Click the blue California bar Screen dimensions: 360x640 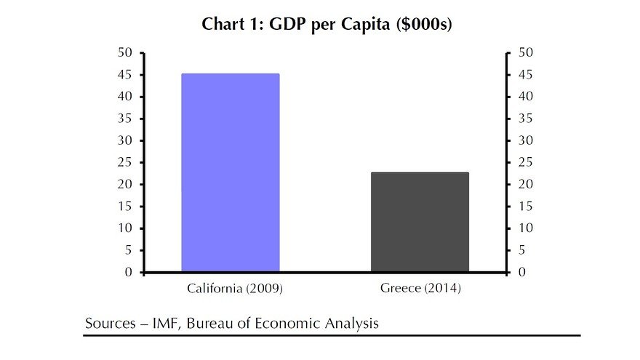pyautogui.click(x=230, y=173)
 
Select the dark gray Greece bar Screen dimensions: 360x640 pyautogui.click(x=420, y=222)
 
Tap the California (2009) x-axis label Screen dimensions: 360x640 pyautogui.click(x=234, y=289)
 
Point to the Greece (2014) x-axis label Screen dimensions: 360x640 pyautogui.click(x=420, y=289)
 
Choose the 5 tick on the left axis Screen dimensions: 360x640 pyautogui.click(x=128, y=251)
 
